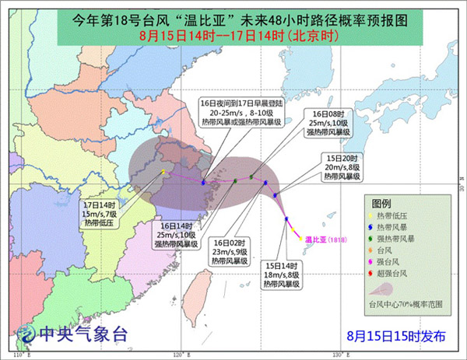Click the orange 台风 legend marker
coord(371,251)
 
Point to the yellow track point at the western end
coord(163,172)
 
